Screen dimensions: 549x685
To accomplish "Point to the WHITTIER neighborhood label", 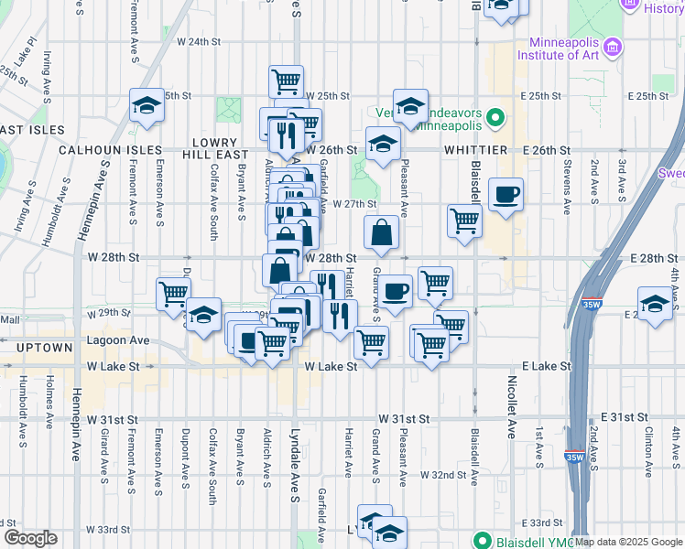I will click(x=475, y=149).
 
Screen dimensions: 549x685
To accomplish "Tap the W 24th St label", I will click(x=199, y=42).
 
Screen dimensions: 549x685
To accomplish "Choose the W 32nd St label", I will click(x=443, y=476).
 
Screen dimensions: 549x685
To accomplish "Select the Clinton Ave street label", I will click(x=647, y=447).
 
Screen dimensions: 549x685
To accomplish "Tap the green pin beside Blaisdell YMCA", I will click(x=478, y=539).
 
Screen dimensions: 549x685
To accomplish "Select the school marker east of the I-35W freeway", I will click(x=656, y=304).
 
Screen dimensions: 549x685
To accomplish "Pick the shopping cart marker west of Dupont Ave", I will click(x=173, y=293).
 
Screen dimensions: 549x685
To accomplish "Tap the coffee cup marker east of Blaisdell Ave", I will click(x=506, y=194).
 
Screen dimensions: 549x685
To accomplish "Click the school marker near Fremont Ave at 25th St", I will click(x=147, y=105).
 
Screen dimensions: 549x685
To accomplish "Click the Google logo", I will click(x=30, y=539).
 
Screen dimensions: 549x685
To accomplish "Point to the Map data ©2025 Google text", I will click(x=627, y=542).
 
